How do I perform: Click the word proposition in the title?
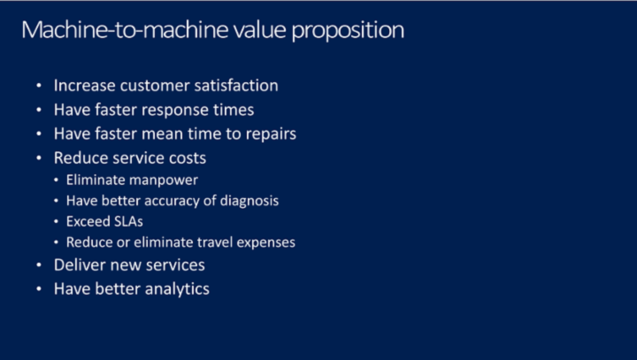click(348, 31)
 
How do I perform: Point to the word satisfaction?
click(236, 85)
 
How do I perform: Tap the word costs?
click(188, 158)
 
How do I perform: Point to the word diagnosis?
click(249, 201)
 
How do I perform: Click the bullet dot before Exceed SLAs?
click(56, 222)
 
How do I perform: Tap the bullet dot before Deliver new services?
click(39, 265)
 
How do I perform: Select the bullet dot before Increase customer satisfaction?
click(39, 85)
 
